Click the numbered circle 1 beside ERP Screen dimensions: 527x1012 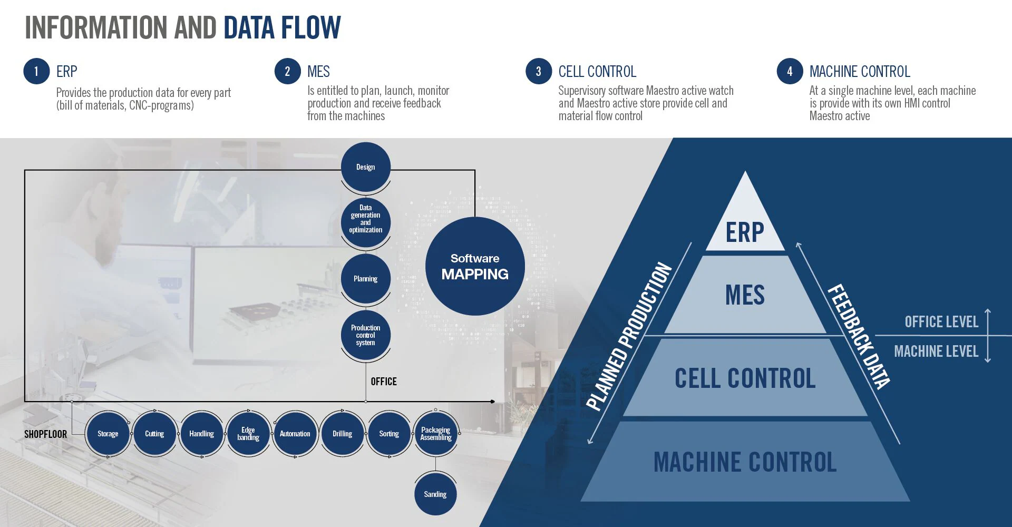point(36,71)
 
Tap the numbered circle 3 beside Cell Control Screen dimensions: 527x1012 point(539,71)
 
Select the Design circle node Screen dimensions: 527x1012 point(366,167)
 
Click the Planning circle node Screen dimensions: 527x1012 point(366,279)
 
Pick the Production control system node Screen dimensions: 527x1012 point(366,335)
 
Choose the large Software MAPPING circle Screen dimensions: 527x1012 point(475,266)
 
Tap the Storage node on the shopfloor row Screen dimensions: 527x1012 point(108,434)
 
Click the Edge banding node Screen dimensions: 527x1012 point(248,434)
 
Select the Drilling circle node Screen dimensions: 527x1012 point(343,434)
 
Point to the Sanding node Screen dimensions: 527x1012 point(435,494)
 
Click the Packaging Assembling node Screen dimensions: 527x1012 point(436,434)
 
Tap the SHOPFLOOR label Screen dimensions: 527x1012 point(46,434)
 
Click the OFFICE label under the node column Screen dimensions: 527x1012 point(384,382)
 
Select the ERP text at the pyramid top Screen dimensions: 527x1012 point(745,232)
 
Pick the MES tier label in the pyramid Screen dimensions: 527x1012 point(745,295)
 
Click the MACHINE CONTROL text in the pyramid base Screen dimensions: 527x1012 point(745,462)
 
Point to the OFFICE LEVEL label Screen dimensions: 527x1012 point(941,322)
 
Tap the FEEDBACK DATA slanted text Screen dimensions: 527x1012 point(859,336)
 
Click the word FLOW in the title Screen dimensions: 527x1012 point(311,28)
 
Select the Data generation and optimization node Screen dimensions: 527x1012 point(366,219)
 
